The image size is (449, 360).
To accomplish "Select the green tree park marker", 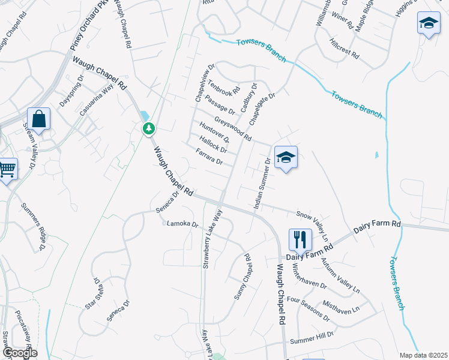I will (148, 128).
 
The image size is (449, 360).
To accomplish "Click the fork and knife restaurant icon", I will (298, 239).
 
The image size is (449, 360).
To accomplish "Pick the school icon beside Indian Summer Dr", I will (286, 158).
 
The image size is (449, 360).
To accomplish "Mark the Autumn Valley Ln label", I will (339, 274).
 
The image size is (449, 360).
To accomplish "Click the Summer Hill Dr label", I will (312, 340).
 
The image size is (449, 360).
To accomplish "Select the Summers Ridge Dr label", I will (34, 226).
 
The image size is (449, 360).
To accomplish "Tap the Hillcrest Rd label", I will (344, 48).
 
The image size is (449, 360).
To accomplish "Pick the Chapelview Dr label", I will (203, 83).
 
